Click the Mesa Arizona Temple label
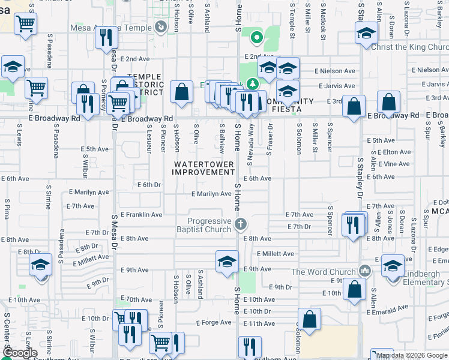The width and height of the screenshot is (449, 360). pos(112,27)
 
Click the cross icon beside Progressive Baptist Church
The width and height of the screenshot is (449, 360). pos(241,225)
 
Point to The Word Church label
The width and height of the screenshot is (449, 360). pos(324,272)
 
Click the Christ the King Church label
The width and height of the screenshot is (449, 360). pos(410,47)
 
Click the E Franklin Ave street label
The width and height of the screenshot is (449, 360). pos(141,214)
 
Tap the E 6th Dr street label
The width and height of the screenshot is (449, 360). pos(149,185)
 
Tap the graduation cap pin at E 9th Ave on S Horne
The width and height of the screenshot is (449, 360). pos(227,262)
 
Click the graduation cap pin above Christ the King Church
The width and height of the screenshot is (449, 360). pos(365,33)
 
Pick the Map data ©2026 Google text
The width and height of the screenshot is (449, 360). pos(412,355)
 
